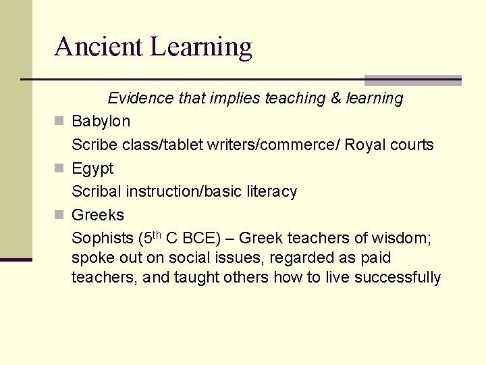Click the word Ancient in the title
[x=99, y=47]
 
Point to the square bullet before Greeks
[x=59, y=216]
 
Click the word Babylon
[x=101, y=122]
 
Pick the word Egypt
[x=92, y=169]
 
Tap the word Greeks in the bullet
[x=98, y=215]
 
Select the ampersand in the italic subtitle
[x=336, y=99]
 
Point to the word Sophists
[x=102, y=239]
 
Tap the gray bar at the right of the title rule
[x=413, y=80]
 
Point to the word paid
[x=375, y=258]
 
